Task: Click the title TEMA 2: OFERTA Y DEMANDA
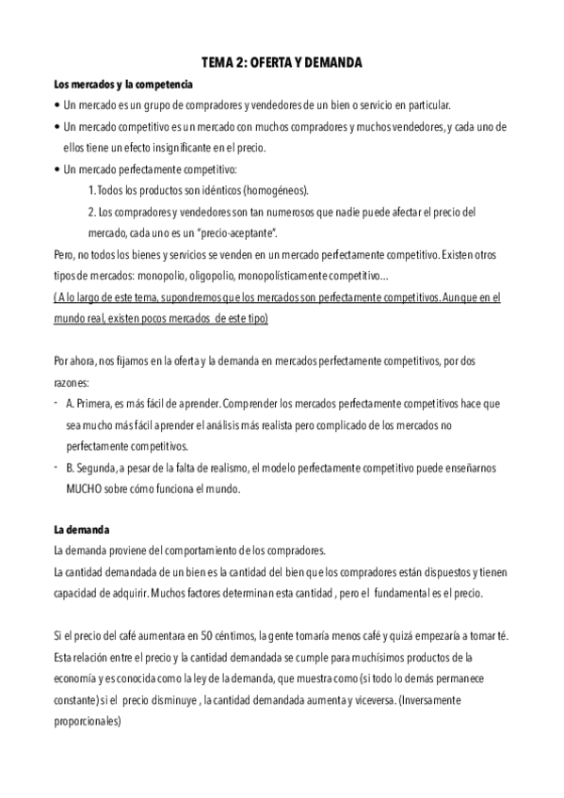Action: [x=282, y=63]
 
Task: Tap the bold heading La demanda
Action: [x=83, y=530]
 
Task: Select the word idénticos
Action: [x=199, y=189]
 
